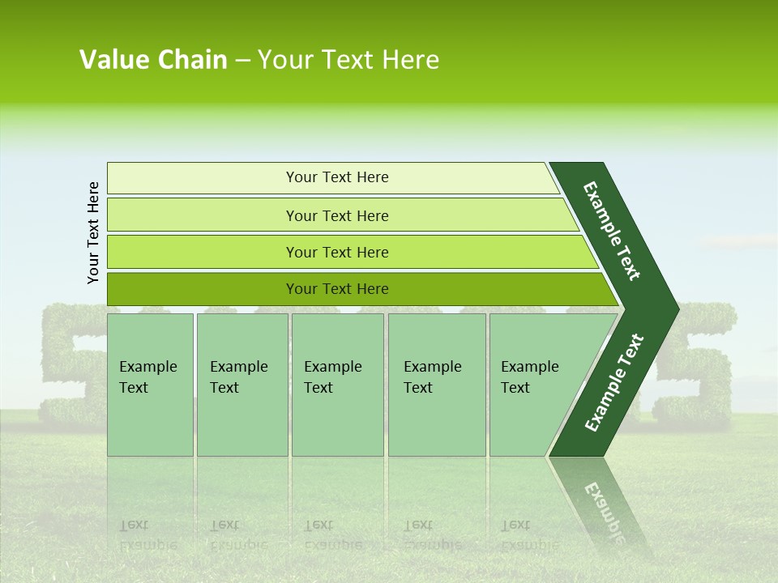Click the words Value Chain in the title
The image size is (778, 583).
(x=153, y=60)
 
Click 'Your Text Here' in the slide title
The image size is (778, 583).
(x=348, y=60)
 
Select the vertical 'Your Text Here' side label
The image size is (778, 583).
(x=93, y=232)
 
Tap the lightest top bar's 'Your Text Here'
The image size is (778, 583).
(x=337, y=177)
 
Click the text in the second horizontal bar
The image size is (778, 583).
(x=337, y=216)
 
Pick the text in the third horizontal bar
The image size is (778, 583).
(x=337, y=253)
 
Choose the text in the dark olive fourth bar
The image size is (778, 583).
(x=337, y=289)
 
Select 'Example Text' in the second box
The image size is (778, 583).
(x=237, y=377)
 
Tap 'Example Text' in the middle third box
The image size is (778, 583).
(x=331, y=377)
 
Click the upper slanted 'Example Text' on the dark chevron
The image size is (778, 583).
(x=612, y=231)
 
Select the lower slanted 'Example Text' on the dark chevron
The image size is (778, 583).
(x=613, y=383)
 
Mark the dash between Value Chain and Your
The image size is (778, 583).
(x=242, y=61)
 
